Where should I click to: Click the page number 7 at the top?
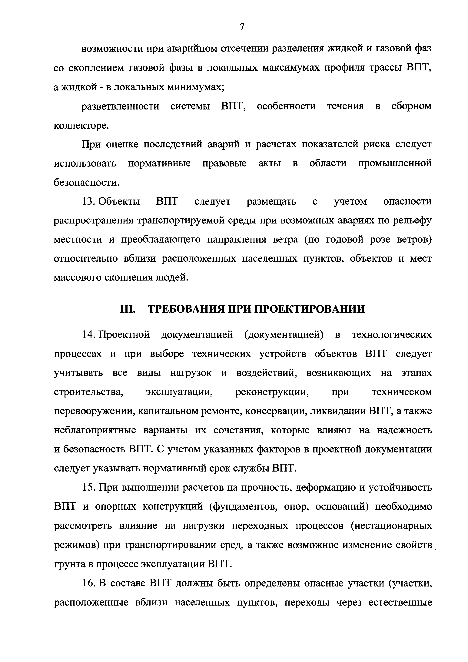(x=242, y=27)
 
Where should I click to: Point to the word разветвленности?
(x=121, y=106)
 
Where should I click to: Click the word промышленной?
(x=395, y=163)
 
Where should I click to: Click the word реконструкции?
(x=272, y=392)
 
